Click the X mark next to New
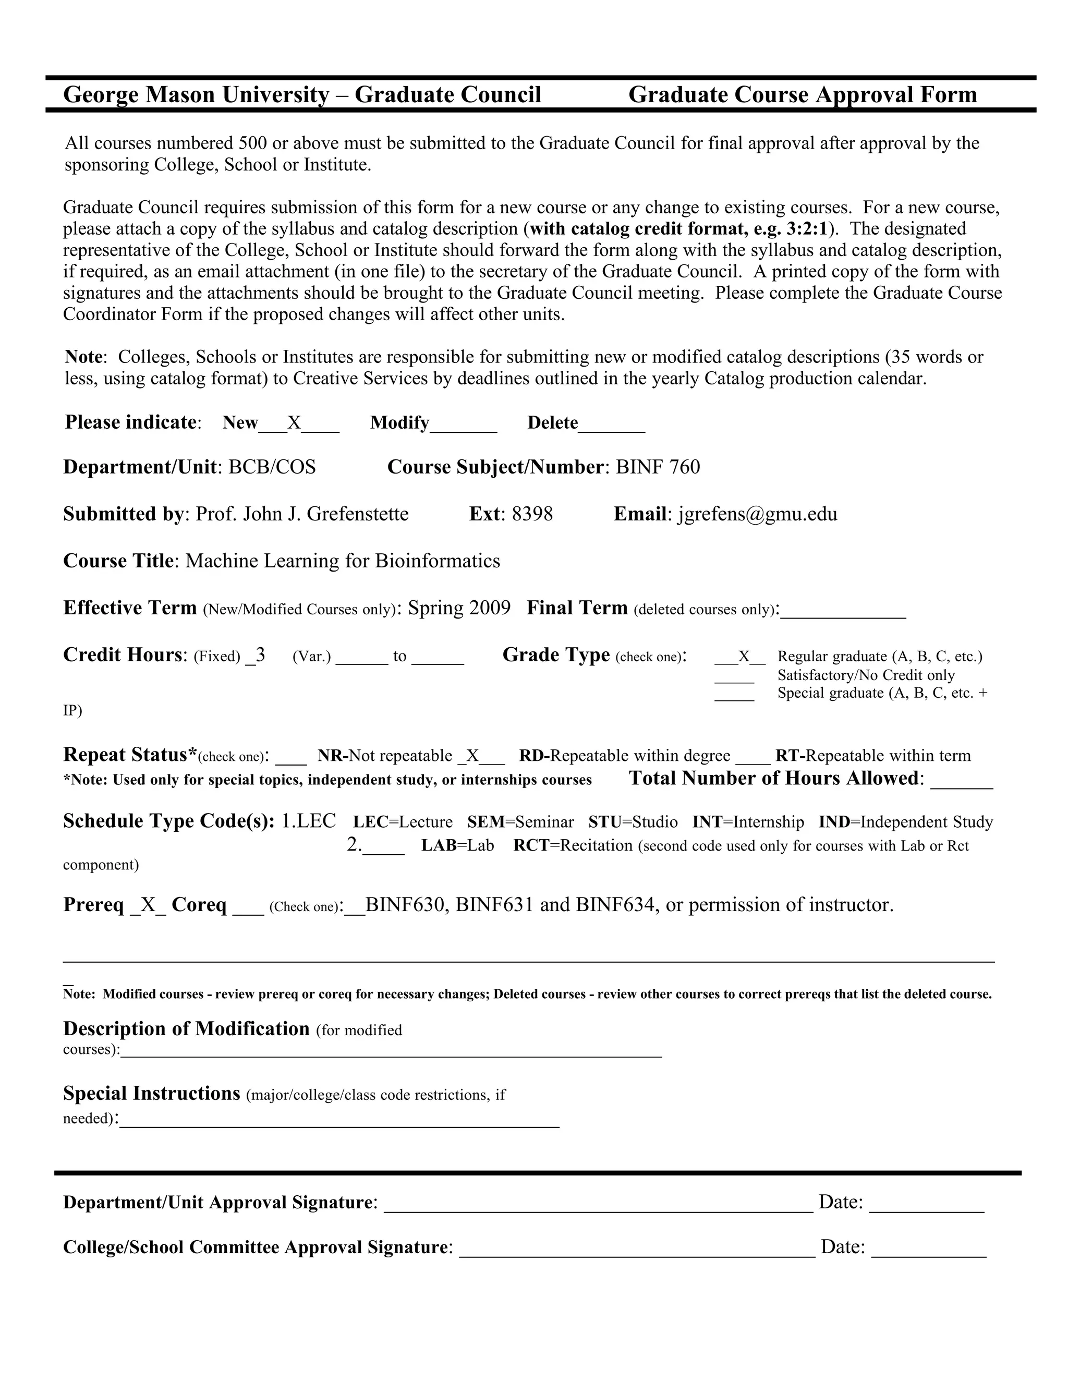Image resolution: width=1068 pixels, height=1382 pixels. click(294, 423)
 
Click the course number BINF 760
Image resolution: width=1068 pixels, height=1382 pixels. click(658, 467)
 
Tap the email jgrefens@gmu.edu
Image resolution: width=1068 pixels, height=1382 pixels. click(757, 514)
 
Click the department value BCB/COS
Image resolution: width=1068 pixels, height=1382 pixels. click(272, 467)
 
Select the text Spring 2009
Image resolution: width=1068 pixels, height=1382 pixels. click(459, 608)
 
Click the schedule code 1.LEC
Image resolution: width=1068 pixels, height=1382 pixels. click(309, 821)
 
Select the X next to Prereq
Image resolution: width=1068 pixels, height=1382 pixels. click(148, 905)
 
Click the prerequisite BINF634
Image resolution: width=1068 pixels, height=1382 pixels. click(614, 905)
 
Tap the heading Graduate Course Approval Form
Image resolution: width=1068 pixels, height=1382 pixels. click(802, 95)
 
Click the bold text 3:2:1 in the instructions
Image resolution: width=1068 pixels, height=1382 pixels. click(807, 228)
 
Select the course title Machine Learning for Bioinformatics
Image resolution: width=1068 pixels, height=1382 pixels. click(342, 561)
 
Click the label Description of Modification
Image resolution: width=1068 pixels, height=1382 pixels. click(187, 1029)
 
